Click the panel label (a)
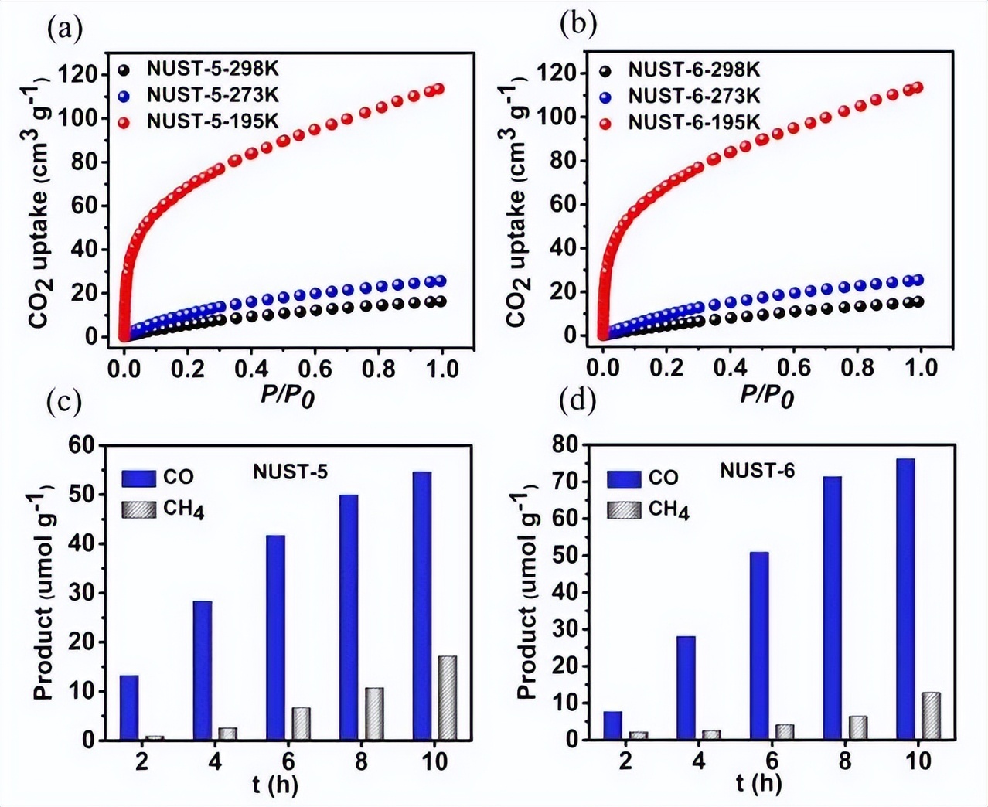click(64, 29)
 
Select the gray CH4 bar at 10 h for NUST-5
click(447, 698)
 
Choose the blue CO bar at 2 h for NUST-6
click(613, 725)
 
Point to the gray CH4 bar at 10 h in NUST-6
click(931, 716)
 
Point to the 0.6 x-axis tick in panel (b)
click(794, 367)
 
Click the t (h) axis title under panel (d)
click(759, 783)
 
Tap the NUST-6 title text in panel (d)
click(757, 470)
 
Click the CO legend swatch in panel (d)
click(624, 478)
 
